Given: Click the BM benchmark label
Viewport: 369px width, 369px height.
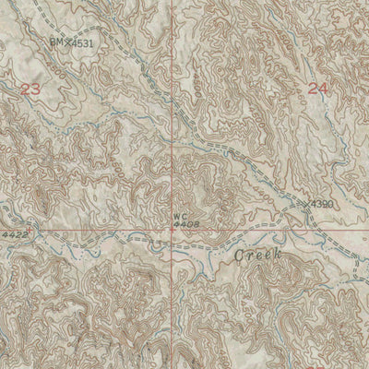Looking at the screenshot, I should [55, 42].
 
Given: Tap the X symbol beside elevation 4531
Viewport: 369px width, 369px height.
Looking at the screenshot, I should [67, 42].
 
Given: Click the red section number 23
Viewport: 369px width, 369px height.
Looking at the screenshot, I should [30, 89].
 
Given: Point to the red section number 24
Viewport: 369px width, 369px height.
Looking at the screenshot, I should [317, 89].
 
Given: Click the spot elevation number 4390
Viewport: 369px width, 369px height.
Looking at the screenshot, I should [322, 202].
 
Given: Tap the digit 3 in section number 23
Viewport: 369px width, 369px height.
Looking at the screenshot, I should [36, 89].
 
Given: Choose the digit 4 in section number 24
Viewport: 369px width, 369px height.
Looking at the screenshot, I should [323, 89].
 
